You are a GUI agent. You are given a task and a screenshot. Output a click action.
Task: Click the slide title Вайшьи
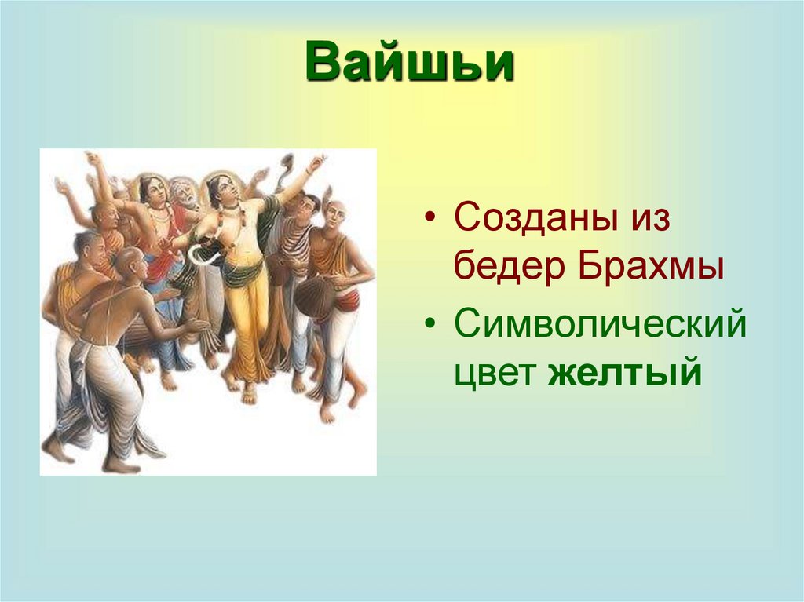(411, 64)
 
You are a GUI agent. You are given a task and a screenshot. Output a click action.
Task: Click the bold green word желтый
(624, 372)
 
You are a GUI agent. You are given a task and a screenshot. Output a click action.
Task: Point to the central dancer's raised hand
(316, 162)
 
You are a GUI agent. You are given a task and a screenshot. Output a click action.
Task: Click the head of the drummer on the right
(334, 211)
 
